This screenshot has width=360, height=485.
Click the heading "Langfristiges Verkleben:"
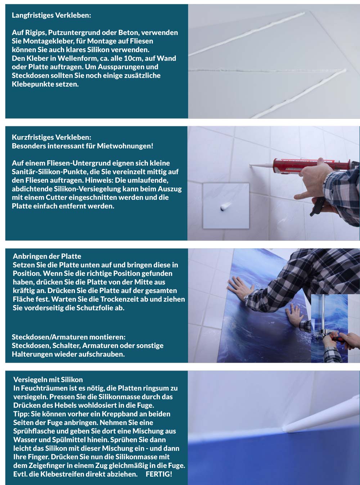click(51, 15)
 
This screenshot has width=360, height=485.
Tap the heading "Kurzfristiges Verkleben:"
click(51, 137)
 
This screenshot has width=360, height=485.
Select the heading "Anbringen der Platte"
click(47, 256)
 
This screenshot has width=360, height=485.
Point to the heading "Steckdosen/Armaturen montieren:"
click(69, 337)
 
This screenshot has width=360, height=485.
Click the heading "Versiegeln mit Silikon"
click(48, 379)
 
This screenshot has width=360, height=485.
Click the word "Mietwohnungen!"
click(125, 146)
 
